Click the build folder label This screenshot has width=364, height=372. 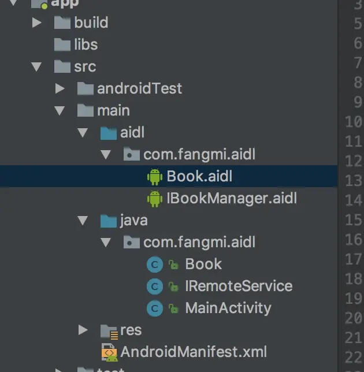pos(91,23)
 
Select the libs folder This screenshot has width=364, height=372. pos(86,44)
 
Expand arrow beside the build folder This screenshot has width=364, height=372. pos(37,23)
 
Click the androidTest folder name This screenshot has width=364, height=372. pos(139,88)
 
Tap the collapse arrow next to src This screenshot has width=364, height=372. pos(37,66)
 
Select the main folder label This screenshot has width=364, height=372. pos(113,110)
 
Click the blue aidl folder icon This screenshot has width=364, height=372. pos(108,133)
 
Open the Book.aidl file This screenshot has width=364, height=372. pos(199,176)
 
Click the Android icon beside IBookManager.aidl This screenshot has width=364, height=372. pos(154,199)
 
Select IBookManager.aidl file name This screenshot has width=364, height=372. pos(231,199)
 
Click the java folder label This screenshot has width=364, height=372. pos(133,220)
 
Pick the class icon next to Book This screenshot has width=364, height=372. pos(154,265)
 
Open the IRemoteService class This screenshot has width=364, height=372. pos(239,286)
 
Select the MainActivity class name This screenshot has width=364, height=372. pos(228,308)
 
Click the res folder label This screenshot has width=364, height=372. pos(131,330)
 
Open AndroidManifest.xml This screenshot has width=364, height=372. pos(193,351)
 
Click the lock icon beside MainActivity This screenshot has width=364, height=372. pos(173,309)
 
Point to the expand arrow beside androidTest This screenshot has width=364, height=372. pos(60,88)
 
